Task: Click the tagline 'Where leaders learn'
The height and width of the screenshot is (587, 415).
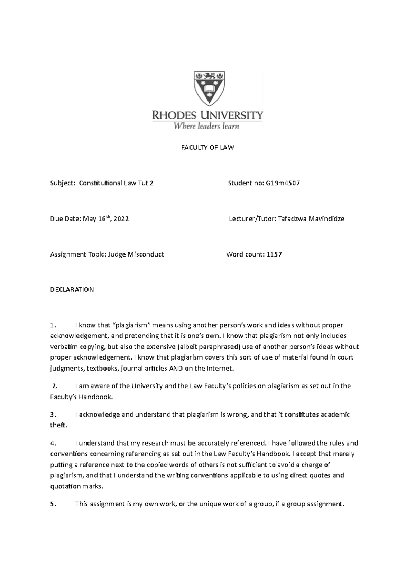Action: pos(206,126)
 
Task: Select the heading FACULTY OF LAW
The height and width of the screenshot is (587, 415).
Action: pos(208,148)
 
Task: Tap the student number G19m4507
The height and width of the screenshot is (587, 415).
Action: pos(283,183)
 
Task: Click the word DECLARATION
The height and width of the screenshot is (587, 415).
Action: pos(72,290)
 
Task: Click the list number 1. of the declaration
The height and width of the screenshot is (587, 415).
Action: pos(53,325)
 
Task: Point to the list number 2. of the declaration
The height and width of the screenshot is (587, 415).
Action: pos(54,386)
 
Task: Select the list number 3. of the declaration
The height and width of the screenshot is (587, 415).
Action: pos(53,414)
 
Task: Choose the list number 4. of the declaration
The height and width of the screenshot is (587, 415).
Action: pos(53,443)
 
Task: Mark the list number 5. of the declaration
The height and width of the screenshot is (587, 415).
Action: pos(53,504)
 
